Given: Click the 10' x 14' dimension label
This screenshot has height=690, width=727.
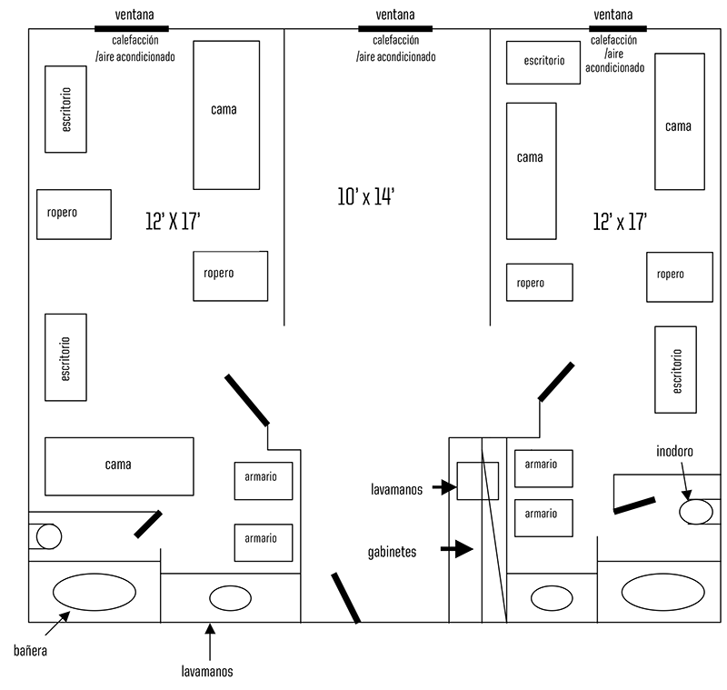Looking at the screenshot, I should [x=365, y=196].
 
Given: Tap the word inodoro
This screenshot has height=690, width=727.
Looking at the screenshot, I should [x=677, y=451].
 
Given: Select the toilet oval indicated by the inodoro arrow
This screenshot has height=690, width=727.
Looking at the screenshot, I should [x=696, y=512].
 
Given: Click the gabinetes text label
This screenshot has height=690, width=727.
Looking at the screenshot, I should [x=393, y=551].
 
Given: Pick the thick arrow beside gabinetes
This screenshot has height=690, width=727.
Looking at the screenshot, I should [x=456, y=549].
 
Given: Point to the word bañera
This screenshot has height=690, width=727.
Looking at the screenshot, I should [x=31, y=651].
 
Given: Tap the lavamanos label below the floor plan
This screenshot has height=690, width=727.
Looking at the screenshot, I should [x=207, y=672].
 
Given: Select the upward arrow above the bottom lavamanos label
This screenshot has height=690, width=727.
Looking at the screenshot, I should [x=210, y=641].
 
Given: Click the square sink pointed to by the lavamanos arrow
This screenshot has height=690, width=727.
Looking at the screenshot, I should [x=477, y=481].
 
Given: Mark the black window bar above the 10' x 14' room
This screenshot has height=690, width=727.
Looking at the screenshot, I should [x=395, y=29].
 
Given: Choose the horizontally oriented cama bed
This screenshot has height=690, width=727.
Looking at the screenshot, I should [x=119, y=466].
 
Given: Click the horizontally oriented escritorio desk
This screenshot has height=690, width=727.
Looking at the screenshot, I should [x=543, y=62].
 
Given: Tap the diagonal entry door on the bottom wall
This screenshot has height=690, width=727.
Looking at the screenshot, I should [x=345, y=597].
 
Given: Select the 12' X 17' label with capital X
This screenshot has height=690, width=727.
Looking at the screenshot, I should [x=173, y=221].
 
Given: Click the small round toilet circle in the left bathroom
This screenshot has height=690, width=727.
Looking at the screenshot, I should [x=48, y=536].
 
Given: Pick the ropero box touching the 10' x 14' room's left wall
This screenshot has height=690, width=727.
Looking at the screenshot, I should [x=230, y=275].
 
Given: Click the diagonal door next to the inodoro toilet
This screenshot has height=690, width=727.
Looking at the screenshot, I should [x=633, y=505].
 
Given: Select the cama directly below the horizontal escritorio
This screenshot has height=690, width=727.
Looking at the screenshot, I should [x=531, y=171].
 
